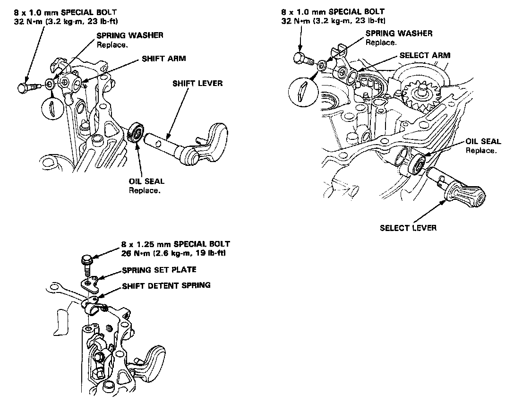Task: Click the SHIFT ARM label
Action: [x=163, y=59]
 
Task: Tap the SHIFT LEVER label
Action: [x=197, y=84]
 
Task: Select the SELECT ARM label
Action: [x=425, y=55]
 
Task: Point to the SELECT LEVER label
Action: [x=408, y=228]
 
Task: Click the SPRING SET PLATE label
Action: [x=159, y=270]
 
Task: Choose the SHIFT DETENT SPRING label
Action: [x=166, y=285]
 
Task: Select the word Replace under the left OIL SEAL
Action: [x=145, y=190]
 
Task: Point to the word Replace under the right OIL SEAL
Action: [x=481, y=150]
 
